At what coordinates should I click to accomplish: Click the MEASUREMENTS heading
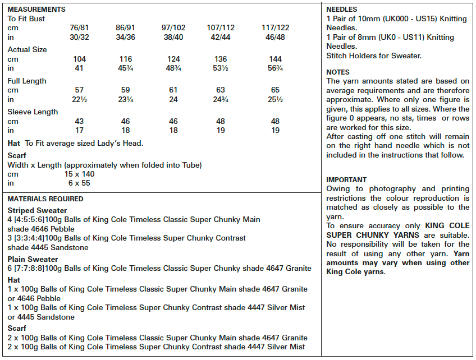(36, 10)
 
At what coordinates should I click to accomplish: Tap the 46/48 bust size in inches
(276, 36)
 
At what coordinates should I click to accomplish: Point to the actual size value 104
(80, 59)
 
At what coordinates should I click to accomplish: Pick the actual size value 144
(276, 59)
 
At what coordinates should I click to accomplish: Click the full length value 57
(80, 90)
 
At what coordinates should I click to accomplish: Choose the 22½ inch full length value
(80, 99)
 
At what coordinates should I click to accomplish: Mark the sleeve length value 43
(80, 121)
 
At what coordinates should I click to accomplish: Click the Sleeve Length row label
(33, 112)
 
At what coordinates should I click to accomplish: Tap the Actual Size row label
(27, 49)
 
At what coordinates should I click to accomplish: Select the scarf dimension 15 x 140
(79, 174)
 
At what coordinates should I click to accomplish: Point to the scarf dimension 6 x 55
(79, 183)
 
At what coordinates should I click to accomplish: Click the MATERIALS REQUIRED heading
(45, 199)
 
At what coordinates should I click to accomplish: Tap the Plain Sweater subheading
(33, 259)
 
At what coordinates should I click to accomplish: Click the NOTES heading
(338, 72)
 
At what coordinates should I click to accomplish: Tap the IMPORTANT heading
(346, 179)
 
